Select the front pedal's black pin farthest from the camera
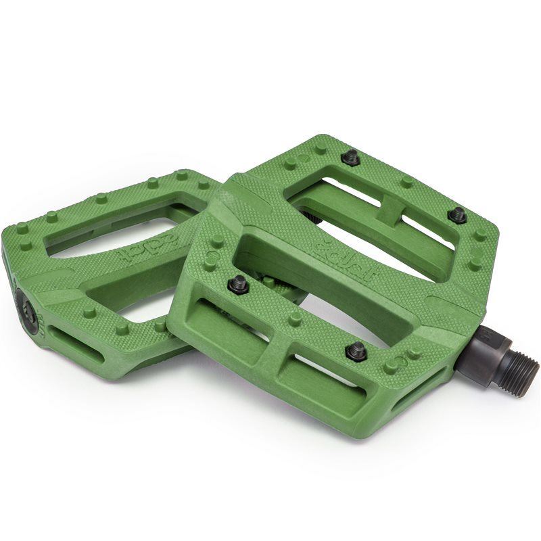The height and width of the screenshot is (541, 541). point(350,158)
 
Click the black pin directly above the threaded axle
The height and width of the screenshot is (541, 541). point(457,215)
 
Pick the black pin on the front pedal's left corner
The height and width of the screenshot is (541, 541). point(237,285)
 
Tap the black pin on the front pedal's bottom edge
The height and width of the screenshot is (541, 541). point(356,350)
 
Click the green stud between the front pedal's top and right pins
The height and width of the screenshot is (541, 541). point(406,181)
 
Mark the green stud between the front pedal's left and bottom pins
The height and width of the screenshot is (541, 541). point(295,319)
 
